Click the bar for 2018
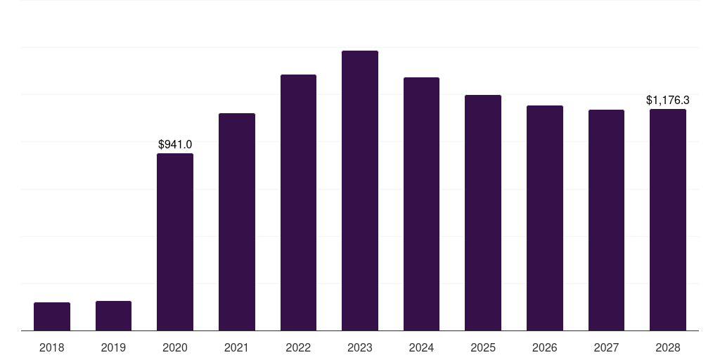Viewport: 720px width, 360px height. point(52,316)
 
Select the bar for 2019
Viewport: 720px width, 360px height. point(113,316)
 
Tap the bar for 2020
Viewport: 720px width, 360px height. point(175,242)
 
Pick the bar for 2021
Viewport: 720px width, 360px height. point(237,221)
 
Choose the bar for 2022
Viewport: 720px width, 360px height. point(298,202)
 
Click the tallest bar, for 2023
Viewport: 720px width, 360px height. point(360,191)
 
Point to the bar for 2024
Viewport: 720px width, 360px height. point(421,204)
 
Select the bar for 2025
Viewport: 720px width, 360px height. point(483,212)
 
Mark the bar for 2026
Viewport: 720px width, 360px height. point(545,218)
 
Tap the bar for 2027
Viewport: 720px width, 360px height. point(606,220)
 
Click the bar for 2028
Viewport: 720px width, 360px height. point(668,219)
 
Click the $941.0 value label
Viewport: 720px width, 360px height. point(175,145)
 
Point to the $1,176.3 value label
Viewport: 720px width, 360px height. point(668,101)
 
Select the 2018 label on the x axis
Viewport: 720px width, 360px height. point(52,347)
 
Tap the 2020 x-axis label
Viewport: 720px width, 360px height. point(175,347)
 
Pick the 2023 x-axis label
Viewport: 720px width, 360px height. point(360,347)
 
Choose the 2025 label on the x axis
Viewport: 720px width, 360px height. point(483,347)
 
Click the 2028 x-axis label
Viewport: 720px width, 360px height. point(668,347)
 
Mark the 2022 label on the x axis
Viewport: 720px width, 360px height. point(298,347)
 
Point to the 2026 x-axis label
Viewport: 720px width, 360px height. point(545,347)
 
